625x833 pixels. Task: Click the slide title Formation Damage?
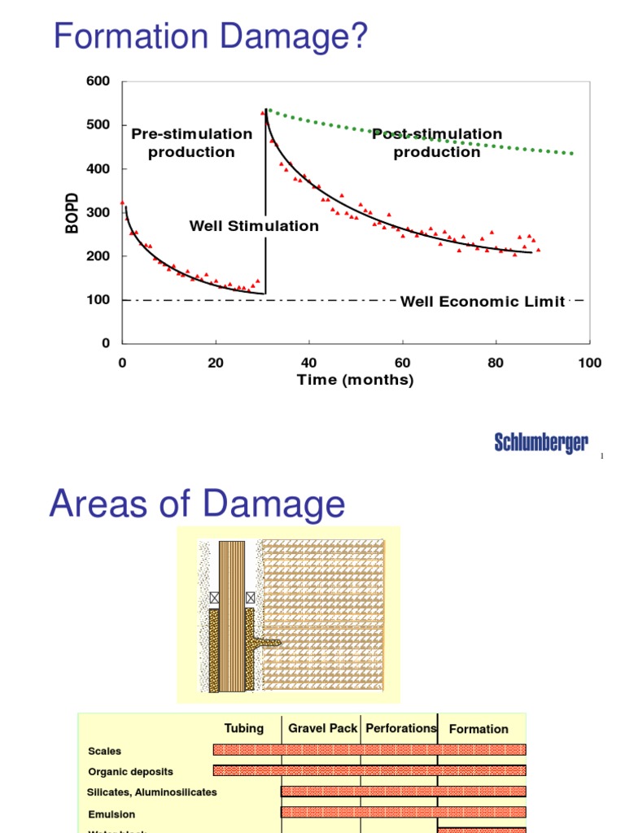coord(211,37)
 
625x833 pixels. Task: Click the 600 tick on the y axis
coord(98,81)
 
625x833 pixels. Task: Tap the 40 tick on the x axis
coord(308,363)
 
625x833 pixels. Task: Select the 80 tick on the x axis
coord(496,363)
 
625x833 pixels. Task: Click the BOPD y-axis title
coord(73,213)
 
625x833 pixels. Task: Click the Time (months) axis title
coord(356,380)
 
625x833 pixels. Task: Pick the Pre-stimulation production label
coord(192,142)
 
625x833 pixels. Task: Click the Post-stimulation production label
coord(437,142)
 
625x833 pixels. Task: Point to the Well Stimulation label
coord(254,226)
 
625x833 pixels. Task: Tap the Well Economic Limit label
coord(483,302)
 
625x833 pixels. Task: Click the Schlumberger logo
coord(541,443)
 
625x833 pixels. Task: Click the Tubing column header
coord(244,728)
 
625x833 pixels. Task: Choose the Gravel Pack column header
coord(322,728)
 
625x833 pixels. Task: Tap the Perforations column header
coord(401,728)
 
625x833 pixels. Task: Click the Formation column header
coord(479,729)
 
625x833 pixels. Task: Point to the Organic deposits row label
coord(130,771)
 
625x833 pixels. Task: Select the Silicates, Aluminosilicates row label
coord(152,792)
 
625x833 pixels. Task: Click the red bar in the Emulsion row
coord(404,811)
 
